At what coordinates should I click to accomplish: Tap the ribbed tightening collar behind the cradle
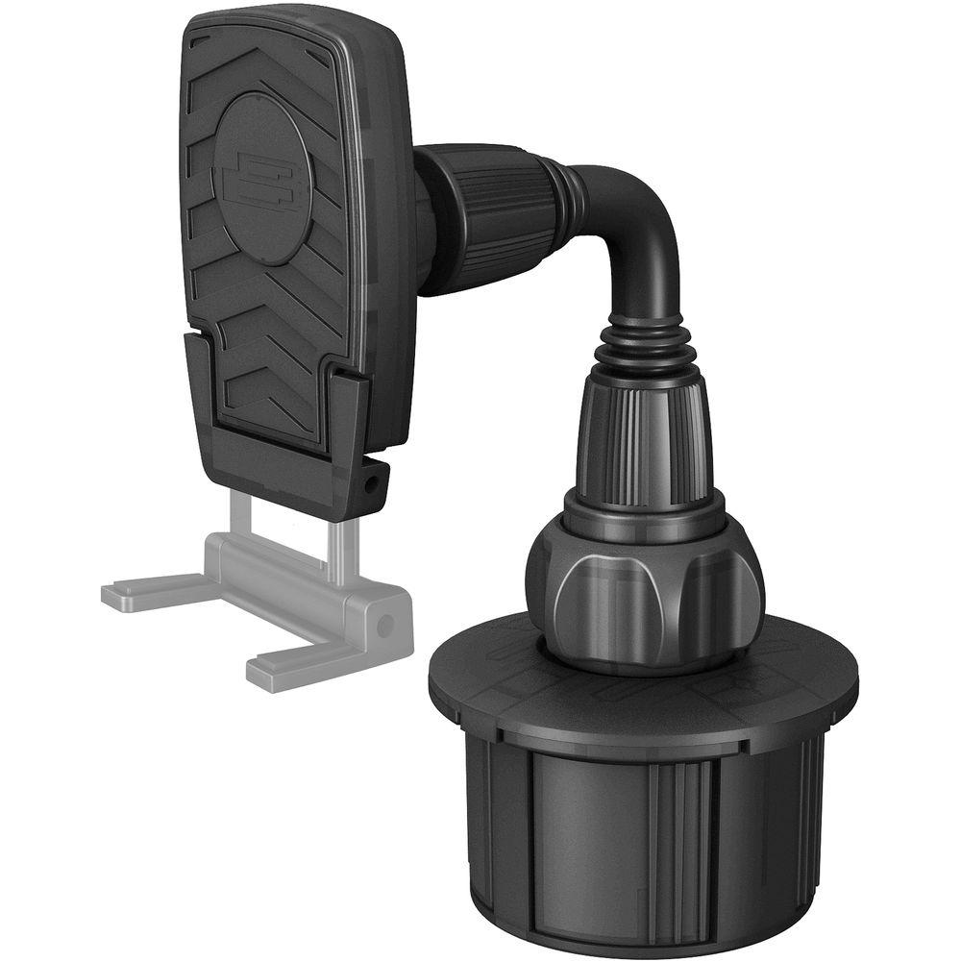pyautogui.click(x=490, y=219)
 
